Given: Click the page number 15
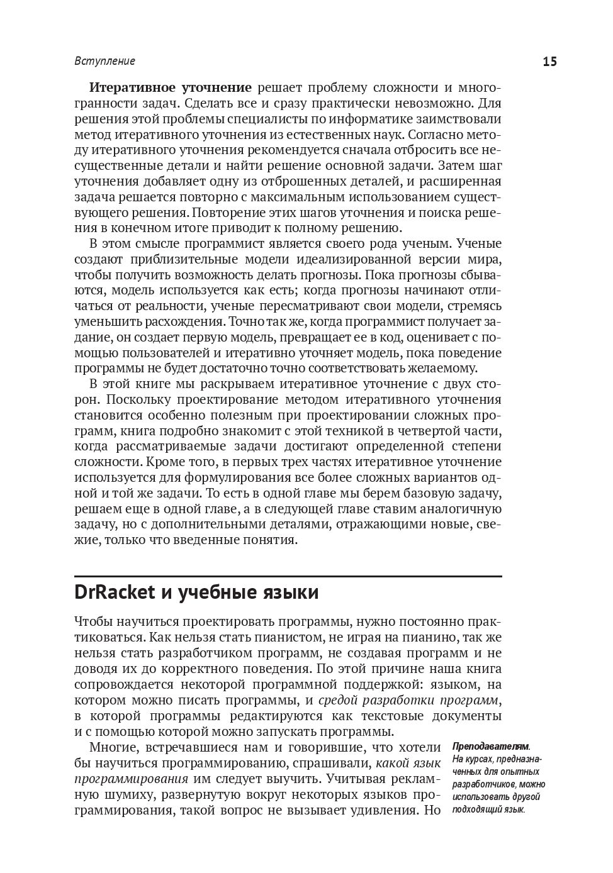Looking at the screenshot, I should [x=549, y=62].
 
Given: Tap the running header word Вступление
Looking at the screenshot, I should [x=105, y=62].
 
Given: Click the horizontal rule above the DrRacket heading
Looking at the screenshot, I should [x=288, y=576].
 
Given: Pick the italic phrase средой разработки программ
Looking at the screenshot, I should [x=409, y=701].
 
